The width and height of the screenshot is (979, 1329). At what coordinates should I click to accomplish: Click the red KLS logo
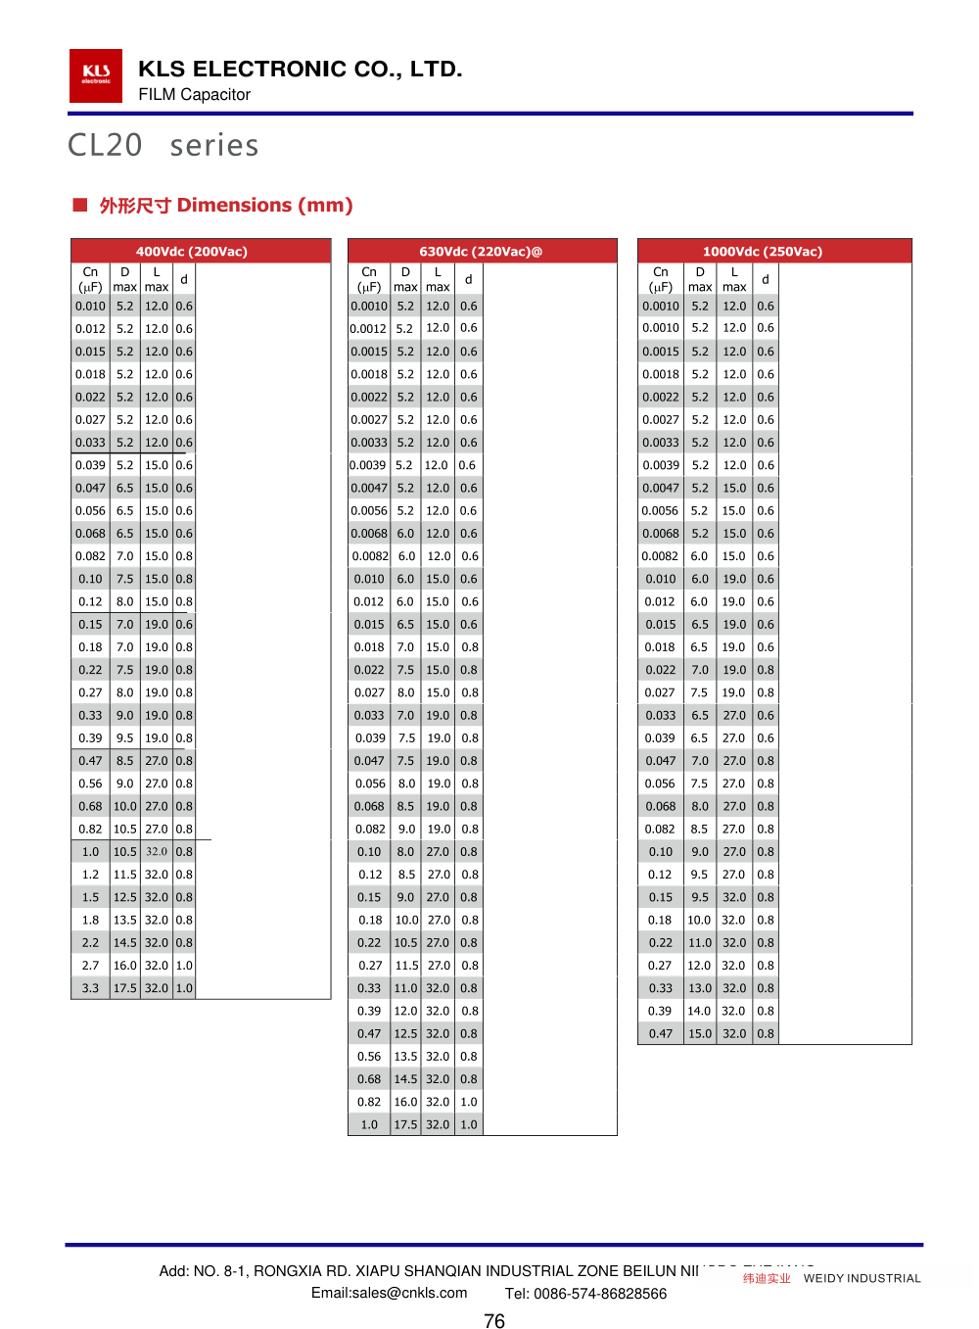pyautogui.click(x=96, y=75)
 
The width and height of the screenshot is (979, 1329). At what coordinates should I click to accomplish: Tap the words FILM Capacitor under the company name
pyautogui.click(x=194, y=95)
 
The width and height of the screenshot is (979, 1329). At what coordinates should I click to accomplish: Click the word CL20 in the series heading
pyautogui.click(x=105, y=146)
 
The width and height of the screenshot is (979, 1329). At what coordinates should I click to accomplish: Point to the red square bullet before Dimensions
pyautogui.click(x=80, y=205)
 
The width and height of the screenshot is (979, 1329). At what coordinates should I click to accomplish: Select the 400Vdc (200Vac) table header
pyautogui.click(x=191, y=252)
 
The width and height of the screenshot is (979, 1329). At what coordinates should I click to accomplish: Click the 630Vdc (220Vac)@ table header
pyautogui.click(x=481, y=252)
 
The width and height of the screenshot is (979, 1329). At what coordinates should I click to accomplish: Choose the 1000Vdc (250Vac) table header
pyautogui.click(x=763, y=252)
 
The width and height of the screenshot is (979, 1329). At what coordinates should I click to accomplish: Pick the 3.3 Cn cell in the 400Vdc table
pyautogui.click(x=90, y=988)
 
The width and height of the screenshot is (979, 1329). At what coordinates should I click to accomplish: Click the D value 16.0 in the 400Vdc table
pyautogui.click(x=125, y=966)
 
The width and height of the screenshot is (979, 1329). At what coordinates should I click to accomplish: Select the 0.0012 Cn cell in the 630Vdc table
pyautogui.click(x=368, y=329)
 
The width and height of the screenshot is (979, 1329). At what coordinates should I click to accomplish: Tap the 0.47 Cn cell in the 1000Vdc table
pyautogui.click(x=661, y=1033)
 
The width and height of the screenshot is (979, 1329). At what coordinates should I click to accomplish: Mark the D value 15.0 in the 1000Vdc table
pyautogui.click(x=700, y=1033)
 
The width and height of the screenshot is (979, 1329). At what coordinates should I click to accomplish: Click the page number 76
pyautogui.click(x=494, y=1321)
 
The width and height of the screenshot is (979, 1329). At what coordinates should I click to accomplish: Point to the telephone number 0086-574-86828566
pyautogui.click(x=600, y=1294)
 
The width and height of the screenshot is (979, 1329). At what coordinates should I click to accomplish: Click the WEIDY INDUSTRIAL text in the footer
pyautogui.click(x=862, y=1278)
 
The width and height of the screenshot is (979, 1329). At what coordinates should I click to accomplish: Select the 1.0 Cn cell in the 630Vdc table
pyautogui.click(x=369, y=1124)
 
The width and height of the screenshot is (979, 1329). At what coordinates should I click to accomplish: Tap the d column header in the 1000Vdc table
pyautogui.click(x=766, y=279)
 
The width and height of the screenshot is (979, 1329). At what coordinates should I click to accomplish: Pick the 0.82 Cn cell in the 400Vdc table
pyautogui.click(x=90, y=830)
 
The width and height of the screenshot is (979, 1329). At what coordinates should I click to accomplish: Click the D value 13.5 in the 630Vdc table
pyautogui.click(x=405, y=1057)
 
